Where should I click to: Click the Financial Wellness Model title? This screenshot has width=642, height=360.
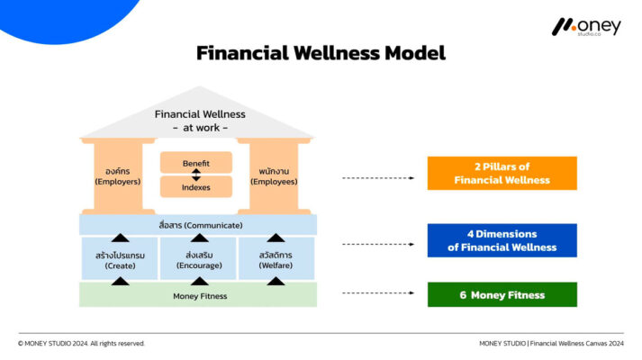pyautogui.click(x=321, y=53)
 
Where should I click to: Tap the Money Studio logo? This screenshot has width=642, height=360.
pyautogui.click(x=586, y=27)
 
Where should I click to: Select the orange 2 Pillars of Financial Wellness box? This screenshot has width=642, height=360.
pyautogui.click(x=502, y=174)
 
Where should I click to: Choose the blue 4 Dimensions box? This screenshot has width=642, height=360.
pyautogui.click(x=502, y=241)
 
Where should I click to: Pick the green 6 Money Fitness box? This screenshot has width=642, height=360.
pyautogui.click(x=502, y=294)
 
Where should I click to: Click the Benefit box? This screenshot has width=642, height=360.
pyautogui.click(x=195, y=163)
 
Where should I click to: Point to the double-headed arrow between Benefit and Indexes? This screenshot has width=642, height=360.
pyautogui.click(x=196, y=175)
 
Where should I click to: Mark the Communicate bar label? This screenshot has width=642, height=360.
pyautogui.click(x=198, y=224)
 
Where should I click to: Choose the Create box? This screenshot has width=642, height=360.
pyautogui.click(x=119, y=259)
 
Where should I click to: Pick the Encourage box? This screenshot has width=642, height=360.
pyautogui.click(x=198, y=259)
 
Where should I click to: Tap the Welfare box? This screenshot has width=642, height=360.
pyautogui.click(x=276, y=259)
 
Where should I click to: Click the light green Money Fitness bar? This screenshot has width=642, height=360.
pyautogui.click(x=198, y=295)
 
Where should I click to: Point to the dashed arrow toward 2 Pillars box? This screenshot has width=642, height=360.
pyautogui.click(x=378, y=178)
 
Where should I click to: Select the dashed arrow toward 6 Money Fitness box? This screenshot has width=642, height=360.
pyautogui.click(x=378, y=293)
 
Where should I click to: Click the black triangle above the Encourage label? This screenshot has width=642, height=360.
pyautogui.click(x=199, y=238)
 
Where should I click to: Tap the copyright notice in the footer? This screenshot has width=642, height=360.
pyautogui.click(x=81, y=343)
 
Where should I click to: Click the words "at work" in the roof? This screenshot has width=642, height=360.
pyautogui.click(x=200, y=128)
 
